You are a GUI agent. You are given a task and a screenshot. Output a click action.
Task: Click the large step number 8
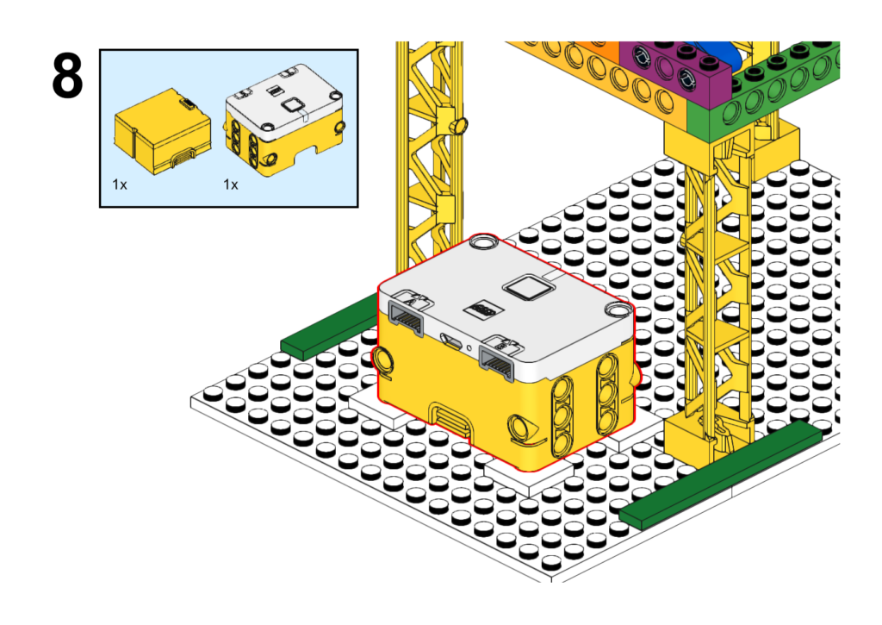tap(67, 76)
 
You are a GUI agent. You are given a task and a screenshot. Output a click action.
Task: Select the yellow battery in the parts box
tap(163, 131)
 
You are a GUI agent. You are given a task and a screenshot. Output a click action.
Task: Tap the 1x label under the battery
tap(119, 184)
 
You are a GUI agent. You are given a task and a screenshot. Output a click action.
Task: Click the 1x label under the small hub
tap(231, 184)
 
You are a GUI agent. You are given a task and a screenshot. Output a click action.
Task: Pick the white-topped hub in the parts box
tap(284, 120)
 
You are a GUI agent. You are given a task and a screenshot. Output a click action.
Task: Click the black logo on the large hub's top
tap(483, 309)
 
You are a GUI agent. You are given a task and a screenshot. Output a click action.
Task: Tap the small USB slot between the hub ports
tap(452, 341)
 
